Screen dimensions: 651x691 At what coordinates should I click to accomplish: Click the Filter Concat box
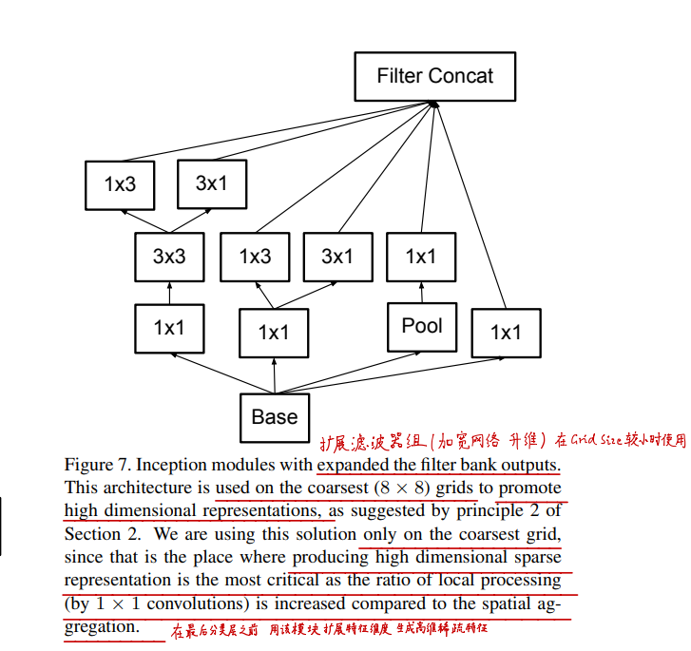coord(434,76)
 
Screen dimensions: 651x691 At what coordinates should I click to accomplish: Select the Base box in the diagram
coord(274,416)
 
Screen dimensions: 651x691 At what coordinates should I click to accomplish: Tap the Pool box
coord(422,326)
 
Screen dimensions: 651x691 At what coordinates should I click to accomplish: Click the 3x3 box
coord(169,257)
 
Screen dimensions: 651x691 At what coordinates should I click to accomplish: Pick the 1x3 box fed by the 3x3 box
coord(120,184)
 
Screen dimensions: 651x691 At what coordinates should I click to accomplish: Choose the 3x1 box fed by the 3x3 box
coord(211,183)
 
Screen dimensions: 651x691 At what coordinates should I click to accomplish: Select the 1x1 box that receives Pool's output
coord(420,257)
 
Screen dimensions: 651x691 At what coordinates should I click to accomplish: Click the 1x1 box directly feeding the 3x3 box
coord(169,328)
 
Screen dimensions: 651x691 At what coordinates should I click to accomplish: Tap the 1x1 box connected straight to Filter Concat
coord(505,332)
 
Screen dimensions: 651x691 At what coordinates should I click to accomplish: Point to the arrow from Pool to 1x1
coord(421,291)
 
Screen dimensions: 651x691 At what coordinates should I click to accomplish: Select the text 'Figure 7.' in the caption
coord(97,466)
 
